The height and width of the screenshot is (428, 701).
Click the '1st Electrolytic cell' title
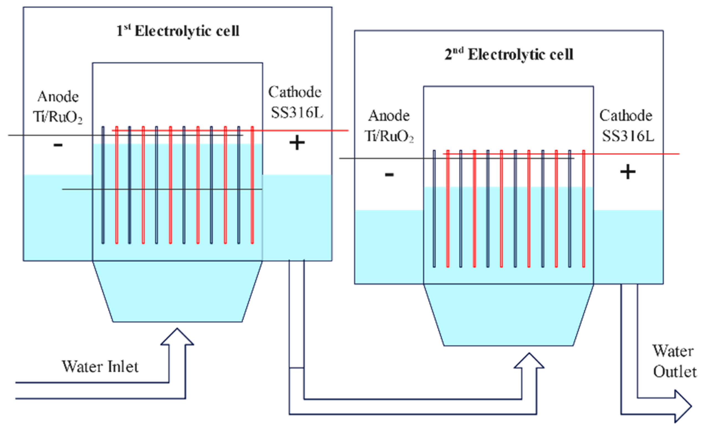178,31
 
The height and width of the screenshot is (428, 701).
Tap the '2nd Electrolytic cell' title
509,54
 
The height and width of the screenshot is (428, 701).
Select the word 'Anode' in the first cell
58,97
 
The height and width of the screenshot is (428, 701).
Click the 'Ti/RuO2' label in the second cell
389,136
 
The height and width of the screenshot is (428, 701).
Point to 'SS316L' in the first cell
297,113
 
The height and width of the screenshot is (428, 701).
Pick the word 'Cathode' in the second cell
626,116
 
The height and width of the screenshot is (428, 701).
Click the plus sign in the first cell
297,143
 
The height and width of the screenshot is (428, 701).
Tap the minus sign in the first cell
58,145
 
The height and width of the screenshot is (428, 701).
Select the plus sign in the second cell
628,172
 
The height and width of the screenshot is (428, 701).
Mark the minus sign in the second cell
389,175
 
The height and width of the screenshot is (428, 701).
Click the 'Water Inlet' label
100,367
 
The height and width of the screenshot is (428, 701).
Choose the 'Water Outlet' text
674,362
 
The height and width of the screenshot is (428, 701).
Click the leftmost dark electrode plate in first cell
103,185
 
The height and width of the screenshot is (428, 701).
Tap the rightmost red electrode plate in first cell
252,185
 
